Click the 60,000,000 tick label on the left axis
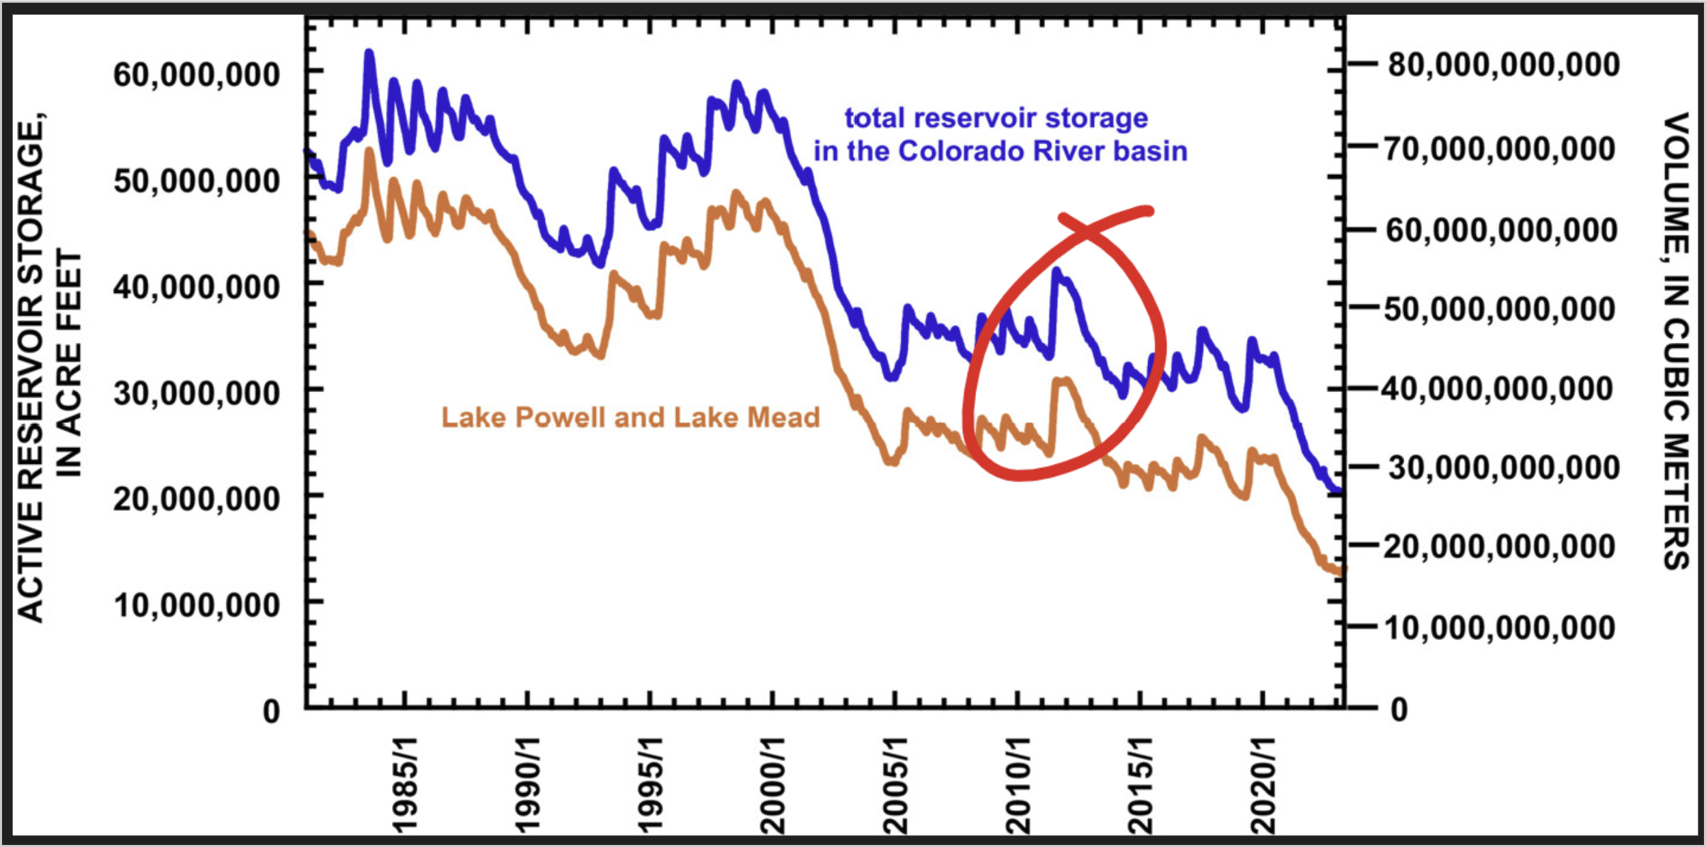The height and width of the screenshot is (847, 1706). pos(196,74)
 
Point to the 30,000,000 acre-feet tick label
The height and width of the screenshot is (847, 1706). pos(196,393)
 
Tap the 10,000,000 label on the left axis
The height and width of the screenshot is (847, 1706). pos(196,605)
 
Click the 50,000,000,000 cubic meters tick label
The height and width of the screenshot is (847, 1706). pos(1500,309)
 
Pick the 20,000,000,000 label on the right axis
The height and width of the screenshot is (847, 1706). pos(1500,546)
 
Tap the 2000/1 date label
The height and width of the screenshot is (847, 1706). pos(772,786)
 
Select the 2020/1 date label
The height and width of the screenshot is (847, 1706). pos(1262,786)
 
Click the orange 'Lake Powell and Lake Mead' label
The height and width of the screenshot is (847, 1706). pos(630,417)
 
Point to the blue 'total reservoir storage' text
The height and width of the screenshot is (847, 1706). pos(996,118)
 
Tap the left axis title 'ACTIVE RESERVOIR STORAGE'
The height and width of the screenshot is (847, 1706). pos(30,369)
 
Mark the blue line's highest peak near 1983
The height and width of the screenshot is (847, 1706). pos(369,52)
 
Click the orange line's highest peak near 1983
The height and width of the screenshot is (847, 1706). pos(369,150)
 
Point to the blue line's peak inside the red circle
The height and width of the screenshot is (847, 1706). pos(1056,270)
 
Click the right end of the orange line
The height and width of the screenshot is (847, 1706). pos(1340,571)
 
